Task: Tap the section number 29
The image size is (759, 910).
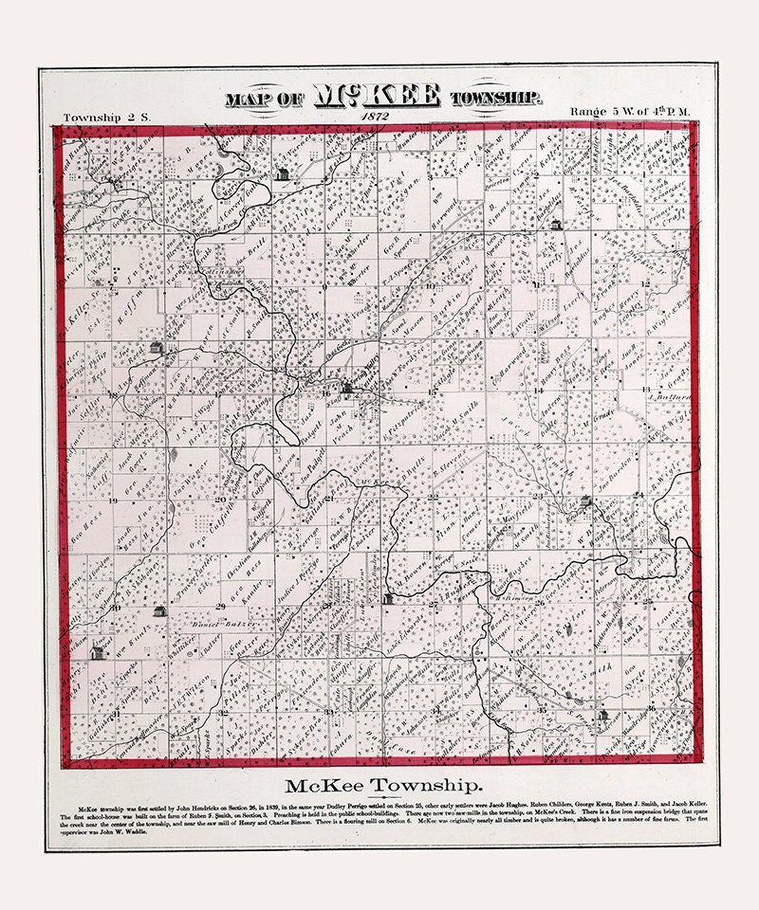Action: [x=220, y=605]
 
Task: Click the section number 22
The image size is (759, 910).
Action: [x=433, y=496]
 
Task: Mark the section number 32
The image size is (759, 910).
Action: [x=220, y=710]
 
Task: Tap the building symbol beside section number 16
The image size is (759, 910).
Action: [x=347, y=387]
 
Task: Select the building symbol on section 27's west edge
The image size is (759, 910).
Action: [x=388, y=598]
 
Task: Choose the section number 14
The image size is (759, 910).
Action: [x=538, y=390]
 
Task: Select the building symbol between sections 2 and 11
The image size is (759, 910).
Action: [x=556, y=226]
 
